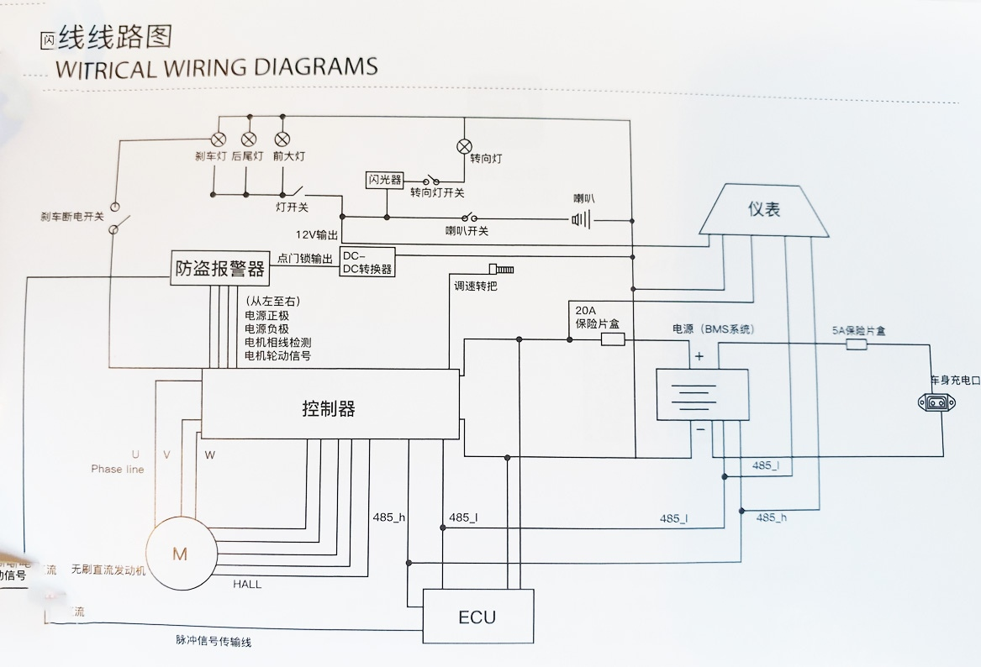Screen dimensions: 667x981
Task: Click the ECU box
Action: pos(477,617)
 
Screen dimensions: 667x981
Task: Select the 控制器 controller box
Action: pos(330,409)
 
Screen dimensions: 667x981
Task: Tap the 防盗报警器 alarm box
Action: pos(219,269)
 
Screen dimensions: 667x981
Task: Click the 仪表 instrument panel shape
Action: pos(764,209)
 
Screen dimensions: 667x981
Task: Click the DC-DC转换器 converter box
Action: pos(367,262)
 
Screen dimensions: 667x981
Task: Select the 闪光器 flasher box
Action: pos(385,181)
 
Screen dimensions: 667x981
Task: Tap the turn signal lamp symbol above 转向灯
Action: pos(464,147)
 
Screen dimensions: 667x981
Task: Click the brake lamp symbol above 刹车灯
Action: pos(217,139)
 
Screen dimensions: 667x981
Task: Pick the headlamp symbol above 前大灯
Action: pos(282,139)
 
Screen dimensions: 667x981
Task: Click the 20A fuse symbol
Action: pos(613,339)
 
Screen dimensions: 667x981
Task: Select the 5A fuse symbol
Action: pos(857,344)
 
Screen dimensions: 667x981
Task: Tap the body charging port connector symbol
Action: pos(937,403)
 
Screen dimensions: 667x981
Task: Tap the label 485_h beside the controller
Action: pos(389,517)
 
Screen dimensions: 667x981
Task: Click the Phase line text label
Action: pos(118,470)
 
